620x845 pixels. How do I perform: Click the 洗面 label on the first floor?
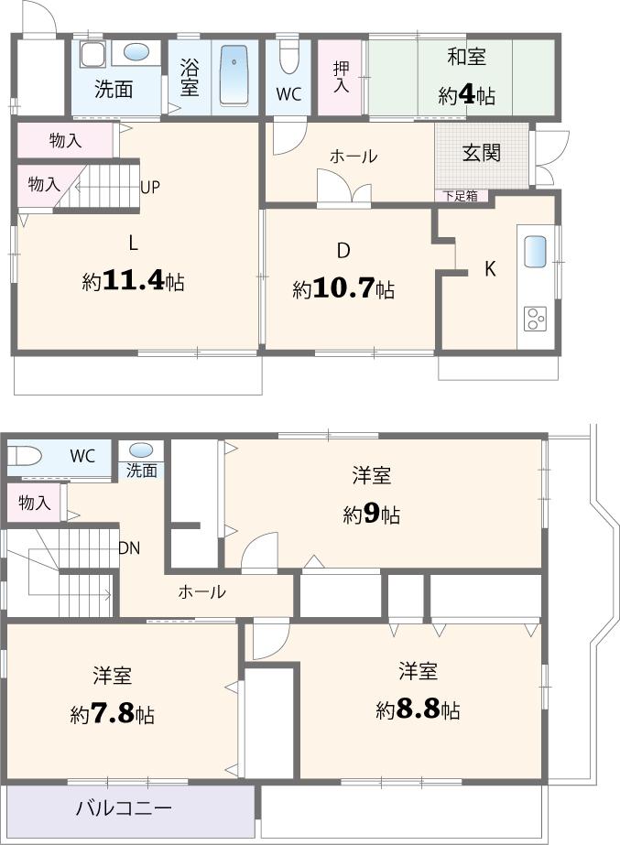[114, 91]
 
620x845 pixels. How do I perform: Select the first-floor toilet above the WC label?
[288, 57]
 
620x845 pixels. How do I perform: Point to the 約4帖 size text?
[466, 95]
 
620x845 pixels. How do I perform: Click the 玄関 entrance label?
[481, 152]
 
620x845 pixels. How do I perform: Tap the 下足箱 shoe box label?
[460, 195]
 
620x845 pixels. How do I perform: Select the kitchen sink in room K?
[536, 249]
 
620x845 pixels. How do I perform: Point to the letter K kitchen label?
[490, 269]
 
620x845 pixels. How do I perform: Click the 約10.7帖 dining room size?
[343, 289]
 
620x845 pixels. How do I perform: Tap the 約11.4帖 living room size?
[133, 281]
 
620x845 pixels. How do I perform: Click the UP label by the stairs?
[151, 187]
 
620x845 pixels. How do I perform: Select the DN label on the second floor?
[129, 548]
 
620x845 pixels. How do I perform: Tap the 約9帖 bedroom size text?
[372, 514]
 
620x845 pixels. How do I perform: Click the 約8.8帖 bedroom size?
[418, 710]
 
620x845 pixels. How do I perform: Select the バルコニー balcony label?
[124, 809]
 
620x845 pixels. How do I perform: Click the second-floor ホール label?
[201, 592]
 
